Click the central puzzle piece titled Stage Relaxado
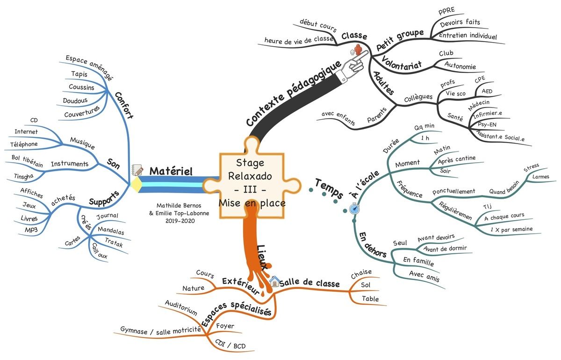tap(251, 183)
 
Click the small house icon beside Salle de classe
tap(274, 281)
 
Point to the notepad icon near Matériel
tap(137, 170)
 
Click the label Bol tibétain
tap(28, 161)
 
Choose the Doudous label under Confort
tap(76, 100)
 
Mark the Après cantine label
tap(456, 160)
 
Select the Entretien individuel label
tap(467, 36)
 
